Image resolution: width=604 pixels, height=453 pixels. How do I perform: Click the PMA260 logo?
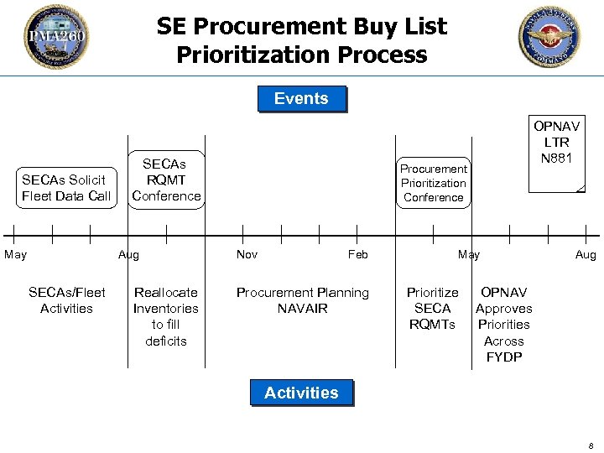click(55, 37)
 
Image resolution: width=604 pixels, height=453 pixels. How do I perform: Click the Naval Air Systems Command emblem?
click(549, 37)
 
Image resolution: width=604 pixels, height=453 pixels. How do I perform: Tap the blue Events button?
click(301, 99)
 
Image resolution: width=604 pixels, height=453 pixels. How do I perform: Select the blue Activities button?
click(301, 393)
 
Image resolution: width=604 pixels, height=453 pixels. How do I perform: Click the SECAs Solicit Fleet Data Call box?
click(66, 188)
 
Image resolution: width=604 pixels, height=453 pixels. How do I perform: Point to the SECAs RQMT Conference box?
click(166, 180)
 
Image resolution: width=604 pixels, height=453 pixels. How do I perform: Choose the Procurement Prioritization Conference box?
click(433, 183)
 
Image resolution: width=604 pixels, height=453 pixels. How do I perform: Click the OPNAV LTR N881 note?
click(557, 155)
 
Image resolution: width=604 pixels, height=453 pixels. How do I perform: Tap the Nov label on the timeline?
click(247, 254)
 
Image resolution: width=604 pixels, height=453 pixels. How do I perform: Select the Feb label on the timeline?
click(358, 254)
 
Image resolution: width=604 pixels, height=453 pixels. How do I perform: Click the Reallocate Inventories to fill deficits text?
click(166, 316)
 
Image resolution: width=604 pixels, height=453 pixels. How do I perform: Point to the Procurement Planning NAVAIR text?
click(302, 300)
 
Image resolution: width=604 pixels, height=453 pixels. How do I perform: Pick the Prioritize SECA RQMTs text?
click(433, 308)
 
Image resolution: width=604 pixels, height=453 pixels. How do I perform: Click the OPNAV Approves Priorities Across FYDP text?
click(503, 325)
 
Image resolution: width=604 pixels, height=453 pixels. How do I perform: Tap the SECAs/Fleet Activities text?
click(67, 300)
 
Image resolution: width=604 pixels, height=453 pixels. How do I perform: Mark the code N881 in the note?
click(557, 159)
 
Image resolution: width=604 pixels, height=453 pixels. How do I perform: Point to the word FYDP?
click(503, 357)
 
